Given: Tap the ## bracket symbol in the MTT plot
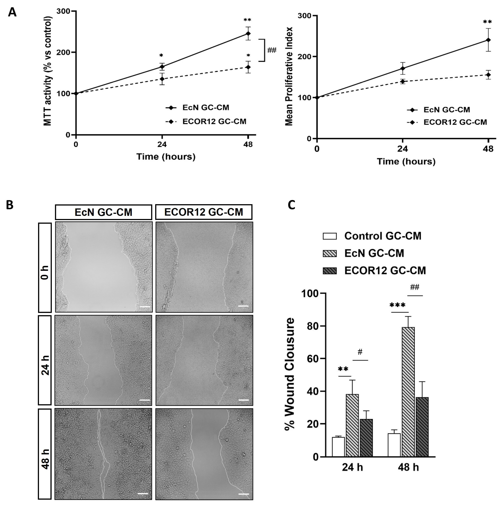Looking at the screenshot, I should tap(272, 50).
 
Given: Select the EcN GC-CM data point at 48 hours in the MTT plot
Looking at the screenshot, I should tap(248, 34).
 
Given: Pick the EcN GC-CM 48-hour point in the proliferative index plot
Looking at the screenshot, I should tap(488, 40).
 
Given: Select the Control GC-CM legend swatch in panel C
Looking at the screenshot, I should tap(330, 236).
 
